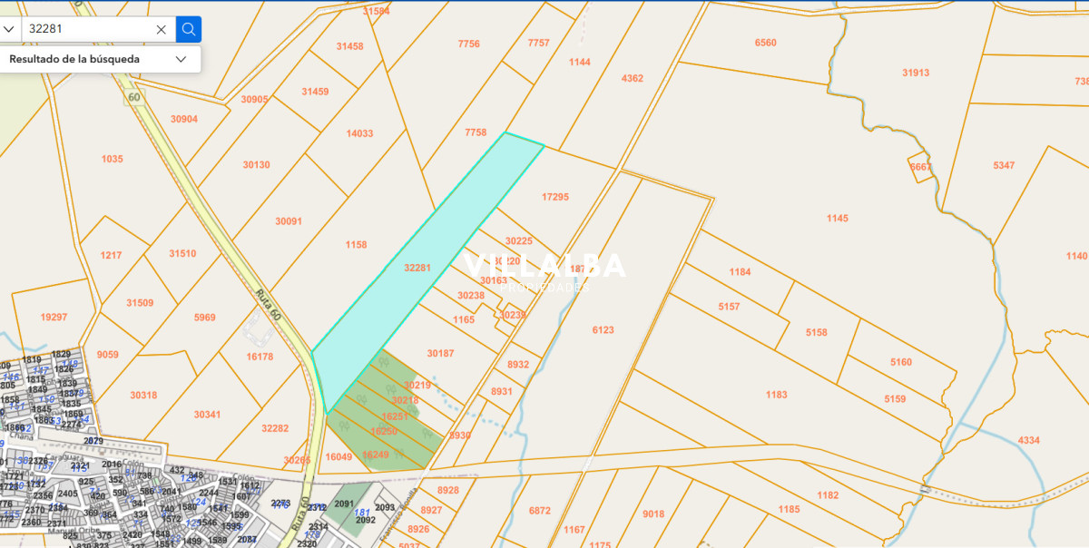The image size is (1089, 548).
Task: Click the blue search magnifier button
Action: click(x=189, y=29)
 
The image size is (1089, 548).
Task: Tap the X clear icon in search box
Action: click(x=161, y=29)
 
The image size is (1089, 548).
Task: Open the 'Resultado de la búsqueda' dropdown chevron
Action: click(x=181, y=59)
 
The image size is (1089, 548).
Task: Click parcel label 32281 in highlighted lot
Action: click(x=417, y=268)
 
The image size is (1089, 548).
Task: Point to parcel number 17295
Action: click(x=554, y=197)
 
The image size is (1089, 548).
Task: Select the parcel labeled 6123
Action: click(x=603, y=330)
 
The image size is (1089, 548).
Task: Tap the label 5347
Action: click(x=1004, y=165)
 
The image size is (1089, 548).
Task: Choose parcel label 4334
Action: click(x=1028, y=440)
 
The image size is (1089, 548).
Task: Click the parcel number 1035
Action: click(x=112, y=159)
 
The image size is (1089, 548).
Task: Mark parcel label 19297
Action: click(x=54, y=317)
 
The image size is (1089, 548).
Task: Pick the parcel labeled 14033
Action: click(x=359, y=133)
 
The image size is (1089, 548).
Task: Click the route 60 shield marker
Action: click(x=134, y=97)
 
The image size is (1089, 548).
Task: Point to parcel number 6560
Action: click(x=765, y=43)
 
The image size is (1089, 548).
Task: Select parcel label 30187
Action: click(x=440, y=353)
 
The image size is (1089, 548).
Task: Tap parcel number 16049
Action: click(x=338, y=456)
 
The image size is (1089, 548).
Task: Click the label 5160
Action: click(x=900, y=362)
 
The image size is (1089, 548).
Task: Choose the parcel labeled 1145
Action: click(x=837, y=218)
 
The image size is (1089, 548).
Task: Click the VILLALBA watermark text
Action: click(x=544, y=266)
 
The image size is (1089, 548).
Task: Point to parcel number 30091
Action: click(x=288, y=220)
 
